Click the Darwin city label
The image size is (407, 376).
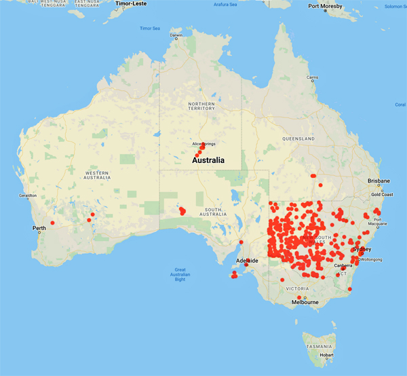pos(176,35)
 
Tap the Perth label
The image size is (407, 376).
pos(39,227)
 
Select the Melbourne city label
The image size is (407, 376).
pos(305,303)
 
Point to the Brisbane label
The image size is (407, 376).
pos(379,181)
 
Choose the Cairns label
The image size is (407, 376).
pos(312,77)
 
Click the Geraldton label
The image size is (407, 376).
pos(27,195)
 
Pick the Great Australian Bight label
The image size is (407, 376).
pos(180,274)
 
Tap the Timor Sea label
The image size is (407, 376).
pos(149,29)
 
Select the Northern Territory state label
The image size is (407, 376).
pos(201,106)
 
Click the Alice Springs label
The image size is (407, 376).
pos(204,144)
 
